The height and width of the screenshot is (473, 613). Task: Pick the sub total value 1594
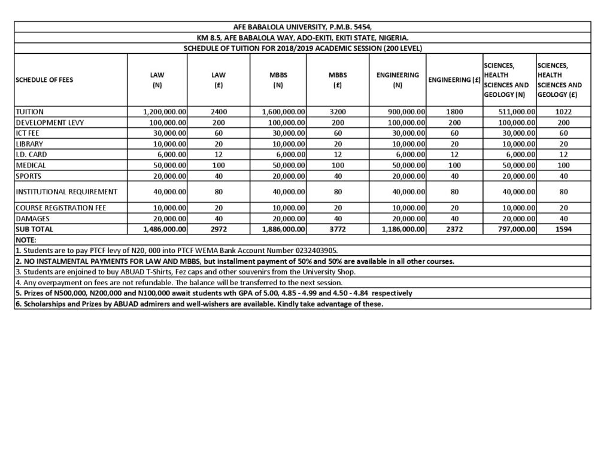[x=563, y=229]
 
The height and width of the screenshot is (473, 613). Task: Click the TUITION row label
[x=30, y=112]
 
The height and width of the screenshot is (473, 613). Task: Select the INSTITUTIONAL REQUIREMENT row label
[x=66, y=191]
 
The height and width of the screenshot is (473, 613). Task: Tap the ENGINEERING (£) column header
[x=454, y=80]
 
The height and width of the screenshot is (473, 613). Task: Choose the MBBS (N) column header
[x=277, y=80]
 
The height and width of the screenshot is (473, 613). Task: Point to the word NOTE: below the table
[x=27, y=239]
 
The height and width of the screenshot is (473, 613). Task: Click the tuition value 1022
[x=563, y=112]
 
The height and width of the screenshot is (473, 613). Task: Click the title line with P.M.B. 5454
[x=302, y=27]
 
